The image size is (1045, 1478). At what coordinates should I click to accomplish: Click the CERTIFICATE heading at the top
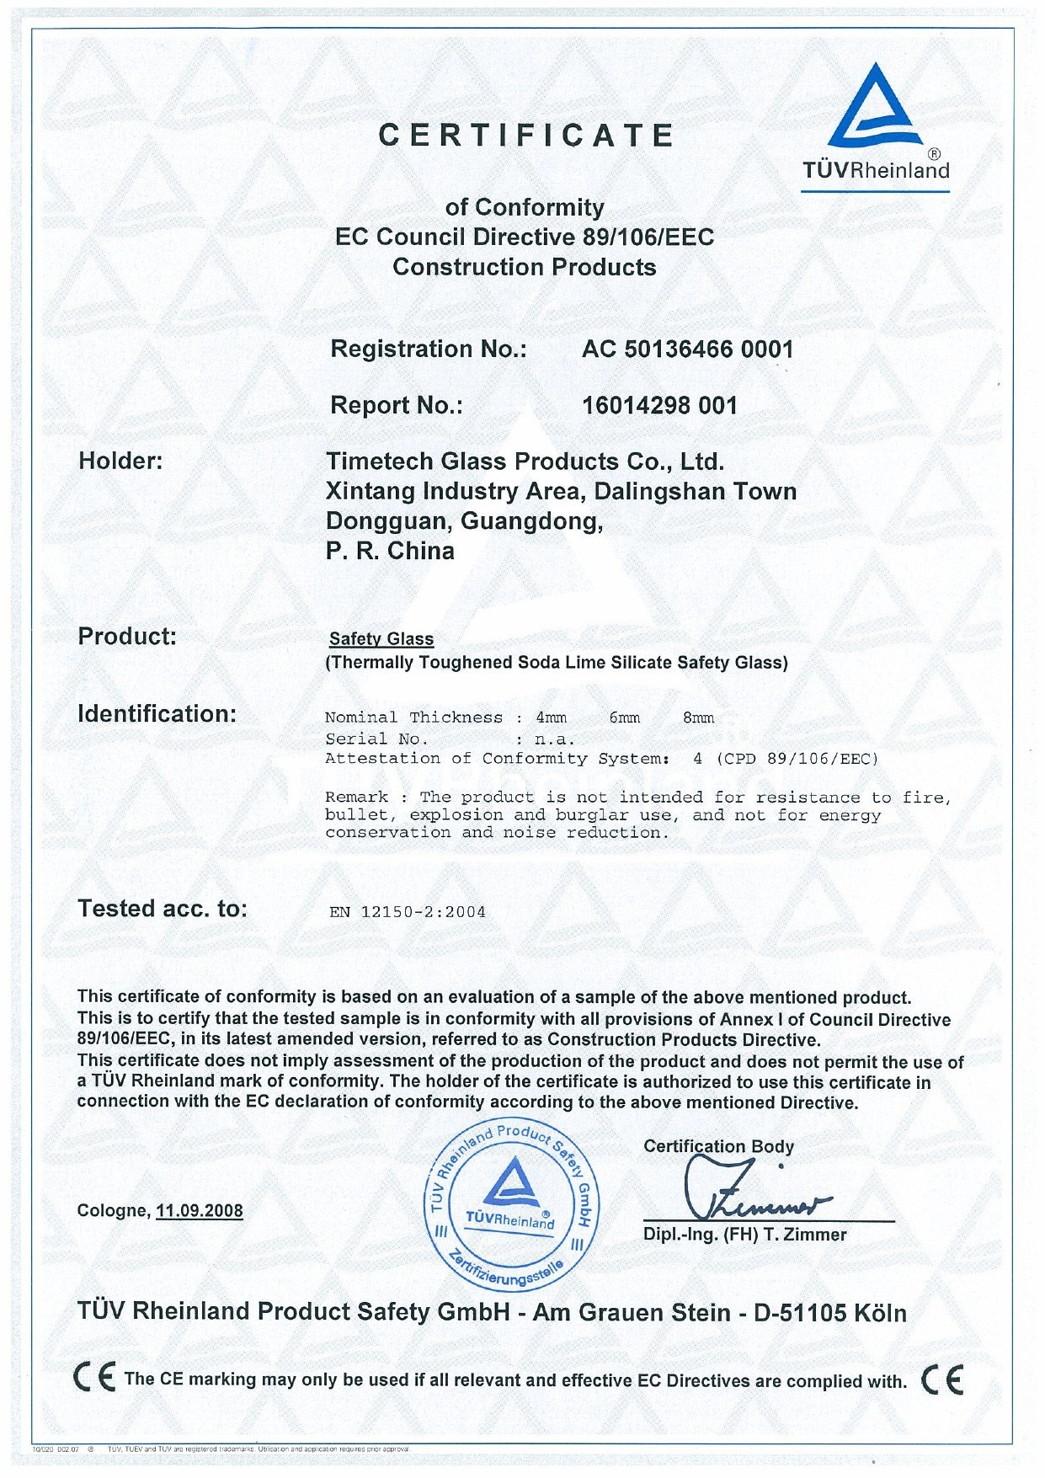[x=525, y=136]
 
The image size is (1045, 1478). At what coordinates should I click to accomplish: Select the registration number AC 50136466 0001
[x=687, y=349]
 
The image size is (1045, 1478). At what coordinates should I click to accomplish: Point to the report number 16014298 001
[x=659, y=406]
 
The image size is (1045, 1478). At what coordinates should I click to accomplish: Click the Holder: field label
[x=120, y=461]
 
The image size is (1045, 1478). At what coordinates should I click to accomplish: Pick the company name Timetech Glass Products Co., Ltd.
[x=525, y=462]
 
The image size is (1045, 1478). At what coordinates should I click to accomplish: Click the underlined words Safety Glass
[x=381, y=639]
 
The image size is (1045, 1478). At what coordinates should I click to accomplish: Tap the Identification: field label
[x=157, y=714]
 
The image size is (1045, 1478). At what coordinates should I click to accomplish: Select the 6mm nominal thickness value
[x=624, y=718]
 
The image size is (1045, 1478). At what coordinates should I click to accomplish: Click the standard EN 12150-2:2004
[x=408, y=912]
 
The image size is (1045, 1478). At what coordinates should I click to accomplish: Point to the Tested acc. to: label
[x=163, y=909]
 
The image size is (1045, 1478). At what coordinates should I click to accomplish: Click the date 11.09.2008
[x=200, y=1211]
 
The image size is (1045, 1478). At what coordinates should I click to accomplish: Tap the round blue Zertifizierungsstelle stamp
[x=510, y=1204]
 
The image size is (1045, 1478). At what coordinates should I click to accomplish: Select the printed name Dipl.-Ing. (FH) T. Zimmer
[x=744, y=1235]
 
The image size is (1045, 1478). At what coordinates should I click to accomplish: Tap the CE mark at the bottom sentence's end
[x=942, y=1379]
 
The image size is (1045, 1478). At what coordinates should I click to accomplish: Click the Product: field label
[x=127, y=637]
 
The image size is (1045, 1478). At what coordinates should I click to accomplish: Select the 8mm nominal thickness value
[x=698, y=718]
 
